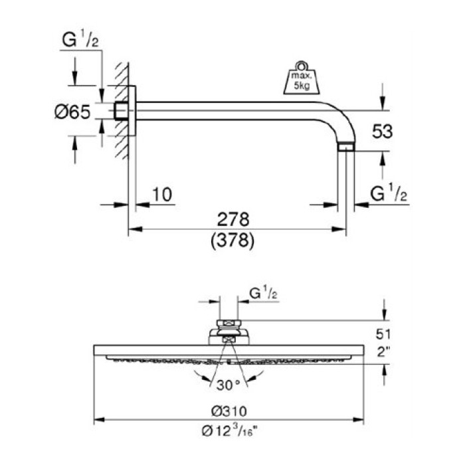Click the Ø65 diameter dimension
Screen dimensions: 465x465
(71, 112)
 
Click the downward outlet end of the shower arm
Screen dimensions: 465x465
(346, 147)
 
